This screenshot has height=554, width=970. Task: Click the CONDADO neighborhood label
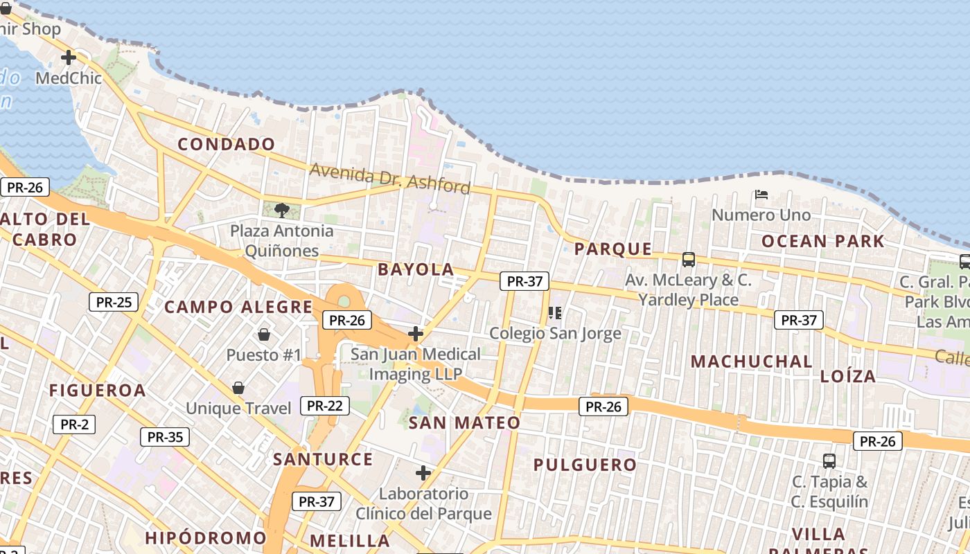point(227,144)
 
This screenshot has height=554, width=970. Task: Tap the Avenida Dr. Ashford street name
point(390,178)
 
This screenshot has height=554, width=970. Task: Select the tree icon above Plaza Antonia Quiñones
point(281,210)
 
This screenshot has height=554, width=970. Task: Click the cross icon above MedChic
point(69,57)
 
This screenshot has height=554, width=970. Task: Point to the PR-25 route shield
point(114,302)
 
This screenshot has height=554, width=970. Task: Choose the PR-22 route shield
point(325,406)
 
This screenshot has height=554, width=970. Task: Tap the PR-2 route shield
point(74,425)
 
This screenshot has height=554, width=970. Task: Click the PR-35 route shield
point(165,437)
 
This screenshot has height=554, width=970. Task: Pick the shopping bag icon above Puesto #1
point(264,334)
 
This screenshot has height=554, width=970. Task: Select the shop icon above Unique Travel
point(238,388)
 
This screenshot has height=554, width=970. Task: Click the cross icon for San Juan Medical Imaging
point(416,334)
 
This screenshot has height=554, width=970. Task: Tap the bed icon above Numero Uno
point(761,195)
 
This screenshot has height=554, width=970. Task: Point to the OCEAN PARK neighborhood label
point(823,241)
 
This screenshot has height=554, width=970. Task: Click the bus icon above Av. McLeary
point(688,260)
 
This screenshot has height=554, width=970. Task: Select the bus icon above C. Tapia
point(829,461)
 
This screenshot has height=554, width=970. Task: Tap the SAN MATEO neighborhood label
point(464,422)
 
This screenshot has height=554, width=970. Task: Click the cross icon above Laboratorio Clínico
point(423,473)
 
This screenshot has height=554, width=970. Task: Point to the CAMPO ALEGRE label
point(238,307)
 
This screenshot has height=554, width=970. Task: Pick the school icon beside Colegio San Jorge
point(555,313)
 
